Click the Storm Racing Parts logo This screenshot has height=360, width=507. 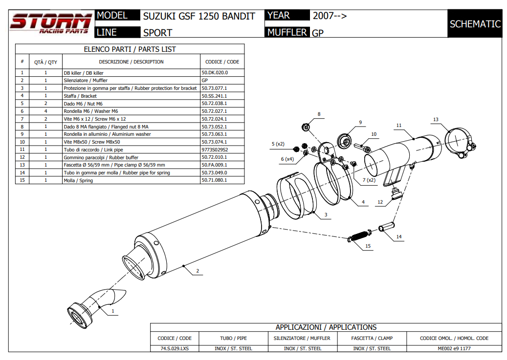(51, 24)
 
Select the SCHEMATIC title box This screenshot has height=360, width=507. (475, 24)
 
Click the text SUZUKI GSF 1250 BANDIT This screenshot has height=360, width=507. (199, 16)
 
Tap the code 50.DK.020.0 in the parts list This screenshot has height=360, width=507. (215, 73)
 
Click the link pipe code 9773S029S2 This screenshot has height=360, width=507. (215, 149)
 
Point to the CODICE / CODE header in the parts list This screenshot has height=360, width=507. (222, 62)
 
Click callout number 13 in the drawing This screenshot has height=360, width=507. (436, 120)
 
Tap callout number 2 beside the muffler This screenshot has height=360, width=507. (197, 271)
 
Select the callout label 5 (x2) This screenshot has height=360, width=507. (278, 144)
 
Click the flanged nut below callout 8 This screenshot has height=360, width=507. (306, 127)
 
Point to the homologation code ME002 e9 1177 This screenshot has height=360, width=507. (454, 348)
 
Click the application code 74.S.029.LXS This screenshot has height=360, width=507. (175, 348)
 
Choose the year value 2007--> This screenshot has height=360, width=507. (330, 16)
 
